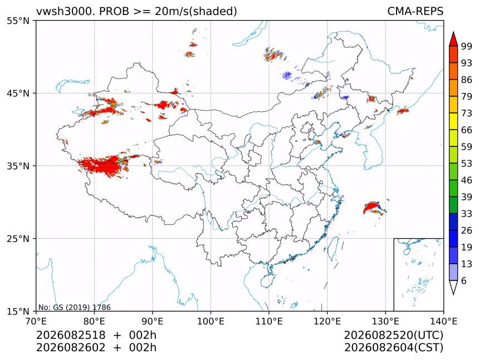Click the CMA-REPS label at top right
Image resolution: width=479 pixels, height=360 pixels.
(x=415, y=11)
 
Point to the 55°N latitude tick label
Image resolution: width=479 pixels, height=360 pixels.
(x=18, y=21)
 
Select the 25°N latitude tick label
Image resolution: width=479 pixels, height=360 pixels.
(x=18, y=238)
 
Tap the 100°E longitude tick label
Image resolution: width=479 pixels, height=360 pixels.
(x=211, y=321)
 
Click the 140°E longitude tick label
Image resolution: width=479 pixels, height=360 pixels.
(x=443, y=321)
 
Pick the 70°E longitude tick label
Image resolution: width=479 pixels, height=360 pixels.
(x=36, y=321)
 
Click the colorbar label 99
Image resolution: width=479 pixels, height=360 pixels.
(x=467, y=46)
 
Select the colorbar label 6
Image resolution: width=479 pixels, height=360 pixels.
(x=464, y=280)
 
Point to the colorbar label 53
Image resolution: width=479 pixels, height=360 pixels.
(x=467, y=164)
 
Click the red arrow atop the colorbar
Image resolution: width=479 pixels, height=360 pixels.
(x=453, y=38)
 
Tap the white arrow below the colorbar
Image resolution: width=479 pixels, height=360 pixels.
(x=453, y=288)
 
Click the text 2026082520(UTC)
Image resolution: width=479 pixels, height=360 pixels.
(x=393, y=335)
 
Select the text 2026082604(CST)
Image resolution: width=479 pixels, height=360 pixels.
(x=393, y=348)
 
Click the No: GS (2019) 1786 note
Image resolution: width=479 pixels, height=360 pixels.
(x=74, y=307)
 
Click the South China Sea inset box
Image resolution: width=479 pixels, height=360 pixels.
(x=418, y=274)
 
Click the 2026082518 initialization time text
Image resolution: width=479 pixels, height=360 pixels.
(x=71, y=335)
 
